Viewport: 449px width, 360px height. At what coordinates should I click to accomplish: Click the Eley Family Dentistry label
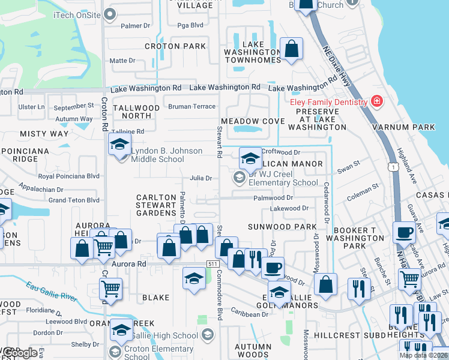(328, 102)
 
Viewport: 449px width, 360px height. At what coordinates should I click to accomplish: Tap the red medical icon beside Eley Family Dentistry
(377, 101)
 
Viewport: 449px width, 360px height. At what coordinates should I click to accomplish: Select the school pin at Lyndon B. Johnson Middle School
(119, 145)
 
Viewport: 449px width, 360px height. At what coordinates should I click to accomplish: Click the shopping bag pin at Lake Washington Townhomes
(291, 49)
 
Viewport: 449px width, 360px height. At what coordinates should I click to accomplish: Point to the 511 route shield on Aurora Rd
(212, 264)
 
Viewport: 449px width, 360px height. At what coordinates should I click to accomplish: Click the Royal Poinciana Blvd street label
(68, 176)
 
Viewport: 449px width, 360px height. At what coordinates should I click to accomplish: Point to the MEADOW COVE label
(253, 121)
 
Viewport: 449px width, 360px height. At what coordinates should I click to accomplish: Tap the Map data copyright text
(423, 355)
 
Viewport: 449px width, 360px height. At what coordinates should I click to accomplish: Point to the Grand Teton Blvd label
(74, 200)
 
